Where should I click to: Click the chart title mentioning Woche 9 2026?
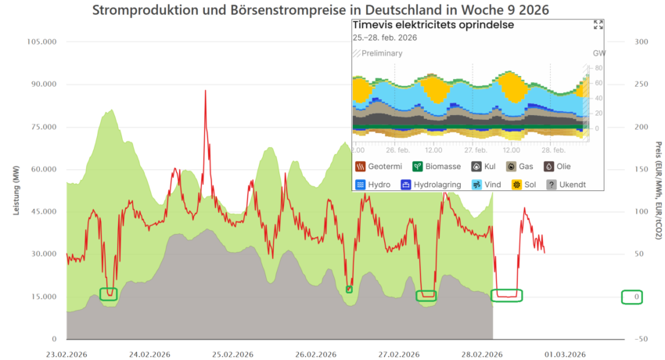click(x=320, y=11)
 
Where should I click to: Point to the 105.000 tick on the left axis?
click(x=41, y=41)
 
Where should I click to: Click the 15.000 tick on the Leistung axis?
click(x=43, y=297)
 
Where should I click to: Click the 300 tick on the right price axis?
click(x=639, y=41)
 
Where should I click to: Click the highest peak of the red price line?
click(x=206, y=91)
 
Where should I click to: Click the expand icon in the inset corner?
click(x=598, y=25)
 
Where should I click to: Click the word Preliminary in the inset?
click(x=382, y=53)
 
